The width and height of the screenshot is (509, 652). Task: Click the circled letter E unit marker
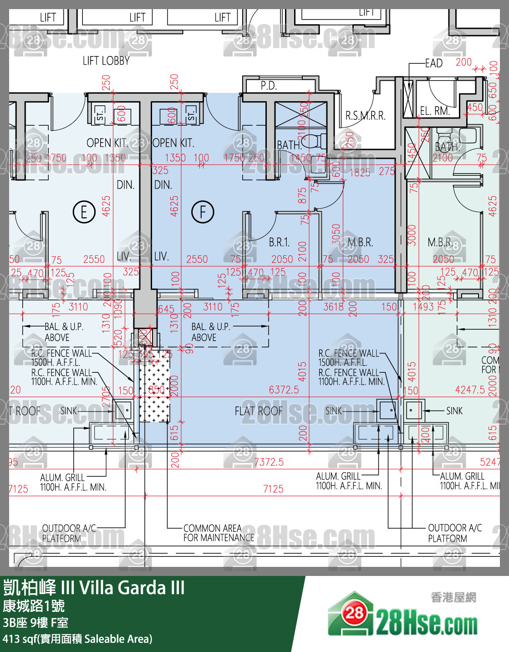point(84,212)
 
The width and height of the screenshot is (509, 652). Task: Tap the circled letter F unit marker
point(203,212)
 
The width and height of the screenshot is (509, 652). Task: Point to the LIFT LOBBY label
point(106,61)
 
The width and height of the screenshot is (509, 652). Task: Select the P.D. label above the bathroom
point(269,86)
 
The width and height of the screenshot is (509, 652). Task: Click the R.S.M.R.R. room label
point(365,116)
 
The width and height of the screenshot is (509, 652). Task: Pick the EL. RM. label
point(434,111)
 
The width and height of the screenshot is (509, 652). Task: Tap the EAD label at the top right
point(433,63)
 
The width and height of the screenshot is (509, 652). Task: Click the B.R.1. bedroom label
point(279,242)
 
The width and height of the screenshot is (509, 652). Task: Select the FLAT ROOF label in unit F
point(258,411)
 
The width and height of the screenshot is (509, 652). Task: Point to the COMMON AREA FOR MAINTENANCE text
point(219,533)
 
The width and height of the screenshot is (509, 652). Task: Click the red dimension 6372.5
point(284,390)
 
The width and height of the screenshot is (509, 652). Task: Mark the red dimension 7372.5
point(269,462)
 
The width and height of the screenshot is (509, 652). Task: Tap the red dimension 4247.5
point(470,390)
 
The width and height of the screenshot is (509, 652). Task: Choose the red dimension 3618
point(333,307)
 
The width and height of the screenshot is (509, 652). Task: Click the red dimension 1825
point(360,172)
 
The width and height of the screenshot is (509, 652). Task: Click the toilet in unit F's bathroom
point(312,142)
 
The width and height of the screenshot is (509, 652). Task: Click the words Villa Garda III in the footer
point(132,588)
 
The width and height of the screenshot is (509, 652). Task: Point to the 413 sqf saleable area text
point(77,639)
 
